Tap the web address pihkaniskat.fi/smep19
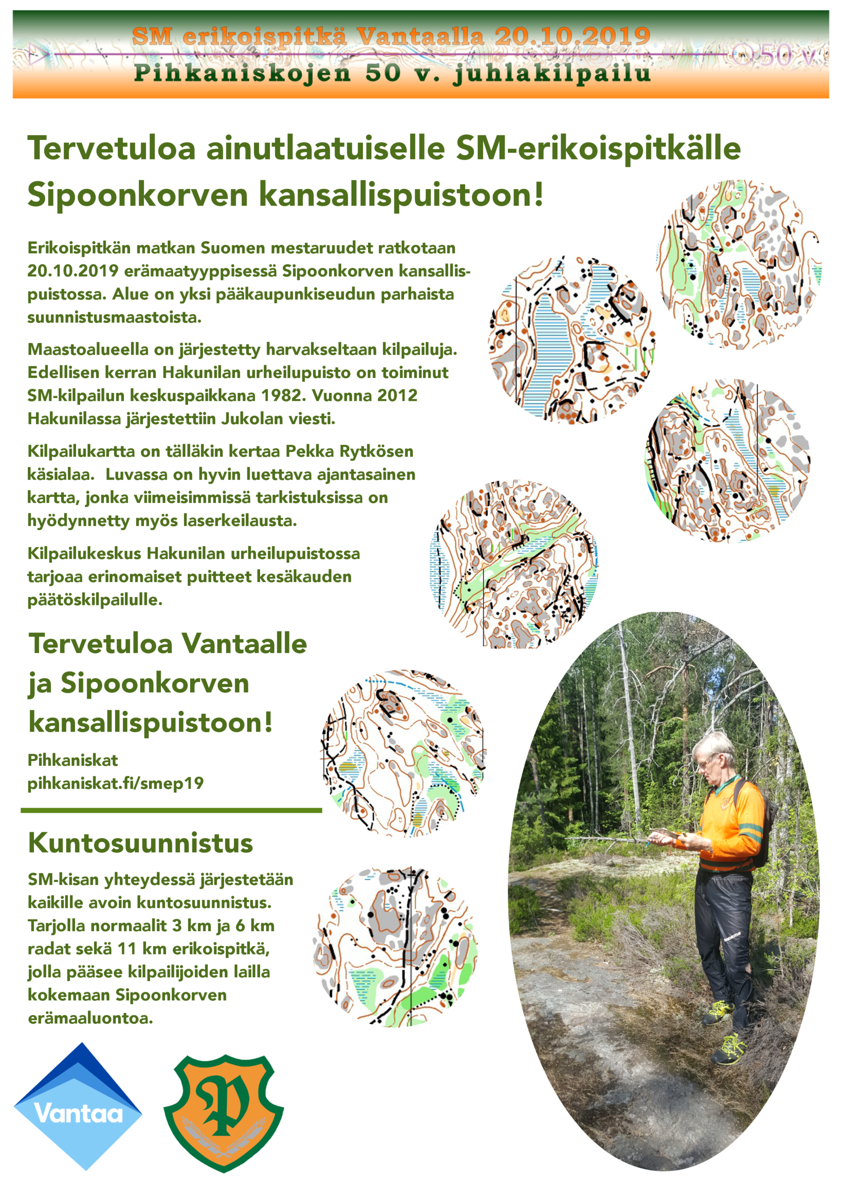pyautogui.click(x=115, y=783)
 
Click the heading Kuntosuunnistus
pyautogui.click(x=140, y=843)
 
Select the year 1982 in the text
pyautogui.click(x=284, y=396)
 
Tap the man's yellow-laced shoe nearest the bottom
pyautogui.click(x=730, y=1049)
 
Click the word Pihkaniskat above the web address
pyautogui.click(x=73, y=760)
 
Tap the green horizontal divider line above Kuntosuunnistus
pyautogui.click(x=171, y=810)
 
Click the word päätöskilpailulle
pyautogui.click(x=95, y=600)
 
